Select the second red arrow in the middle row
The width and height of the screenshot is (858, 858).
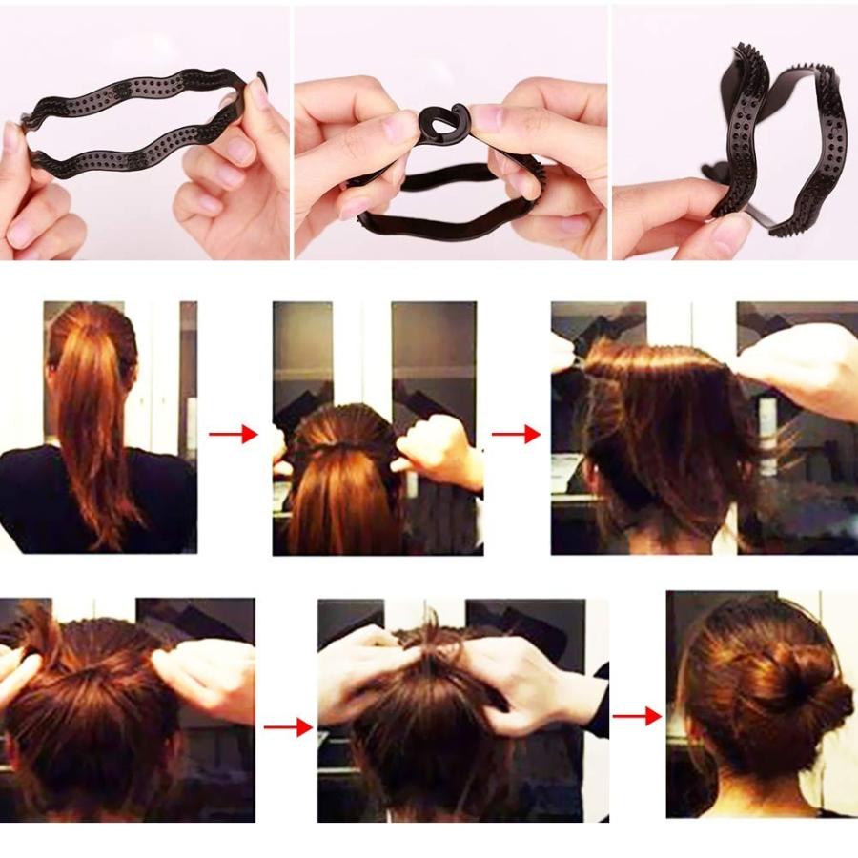516,435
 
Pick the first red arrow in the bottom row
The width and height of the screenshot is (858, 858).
288,728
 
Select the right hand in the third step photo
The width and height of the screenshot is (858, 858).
801,362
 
